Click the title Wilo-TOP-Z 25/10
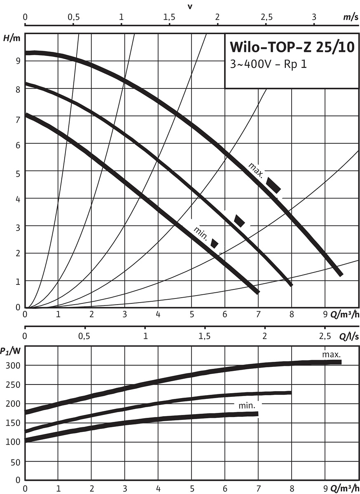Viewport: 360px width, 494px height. pyautogui.click(x=291, y=47)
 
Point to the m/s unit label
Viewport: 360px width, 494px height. pyautogui.click(x=350, y=18)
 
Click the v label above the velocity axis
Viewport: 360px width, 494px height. pyautogui.click(x=190, y=6)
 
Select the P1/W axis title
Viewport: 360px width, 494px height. pyautogui.click(x=10, y=351)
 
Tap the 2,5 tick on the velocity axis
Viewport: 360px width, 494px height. pyautogui.click(x=266, y=18)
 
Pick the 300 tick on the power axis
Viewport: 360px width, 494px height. pyautogui.click(x=14, y=366)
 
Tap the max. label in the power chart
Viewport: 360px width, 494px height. pyautogui.click(x=332, y=354)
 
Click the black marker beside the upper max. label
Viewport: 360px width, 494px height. pyautogui.click(x=274, y=185)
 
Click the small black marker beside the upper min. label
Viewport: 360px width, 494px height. pyautogui.click(x=214, y=243)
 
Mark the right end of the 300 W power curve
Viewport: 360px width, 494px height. pyautogui.click(x=340, y=362)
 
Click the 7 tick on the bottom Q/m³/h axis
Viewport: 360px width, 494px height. pyautogui.click(x=258, y=489)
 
